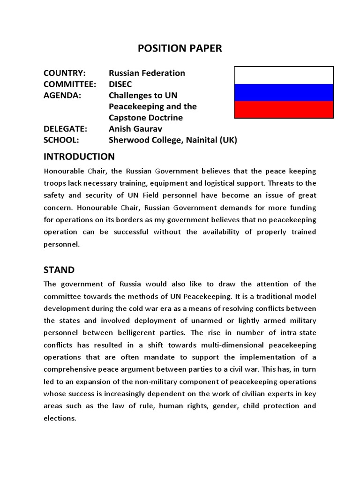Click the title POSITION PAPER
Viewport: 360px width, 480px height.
[x=180, y=49]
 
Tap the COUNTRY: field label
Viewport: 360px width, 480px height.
[x=64, y=73]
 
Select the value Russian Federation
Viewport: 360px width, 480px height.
[x=147, y=73]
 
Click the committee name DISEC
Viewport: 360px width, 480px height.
[x=121, y=84]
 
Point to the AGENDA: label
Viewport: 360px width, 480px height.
[x=62, y=95]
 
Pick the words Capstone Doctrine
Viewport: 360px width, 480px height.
[x=146, y=118]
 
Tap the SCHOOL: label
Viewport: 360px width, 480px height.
[x=61, y=140]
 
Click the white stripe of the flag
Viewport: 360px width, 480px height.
[x=284, y=75]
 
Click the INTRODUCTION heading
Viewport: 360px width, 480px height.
[x=79, y=157]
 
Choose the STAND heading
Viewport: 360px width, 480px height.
[x=59, y=270]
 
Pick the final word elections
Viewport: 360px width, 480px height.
[x=60, y=418]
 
